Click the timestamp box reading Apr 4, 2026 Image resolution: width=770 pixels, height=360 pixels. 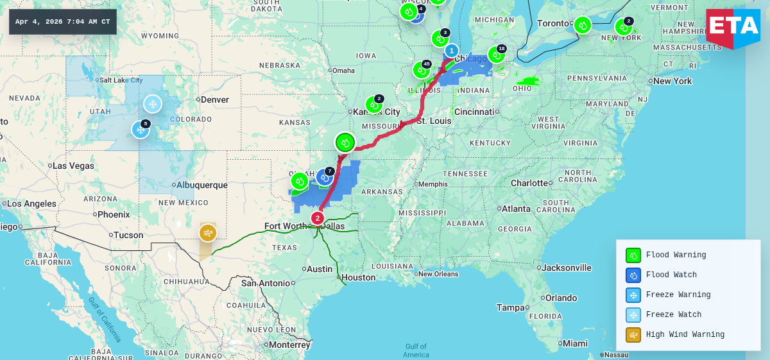coord(62,22)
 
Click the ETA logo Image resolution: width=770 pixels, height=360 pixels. coord(733,28)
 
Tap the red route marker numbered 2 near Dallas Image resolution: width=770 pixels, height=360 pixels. coord(317,218)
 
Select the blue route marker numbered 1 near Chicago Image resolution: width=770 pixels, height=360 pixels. coord(452,51)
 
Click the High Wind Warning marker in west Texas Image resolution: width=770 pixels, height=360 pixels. coord(207,232)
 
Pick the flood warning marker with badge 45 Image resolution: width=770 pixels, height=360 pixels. coord(422,70)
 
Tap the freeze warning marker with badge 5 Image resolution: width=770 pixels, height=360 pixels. coord(141,130)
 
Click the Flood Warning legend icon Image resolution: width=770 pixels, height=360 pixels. coord(633,255)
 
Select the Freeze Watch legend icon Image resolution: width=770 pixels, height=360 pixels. coord(633,315)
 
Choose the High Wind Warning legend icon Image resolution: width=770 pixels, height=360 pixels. coord(633,335)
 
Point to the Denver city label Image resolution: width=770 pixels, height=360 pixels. coord(214,99)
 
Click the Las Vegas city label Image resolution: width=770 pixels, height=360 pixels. coord(73,166)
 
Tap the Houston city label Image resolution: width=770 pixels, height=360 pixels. coord(358,277)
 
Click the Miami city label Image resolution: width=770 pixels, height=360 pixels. coord(575,343)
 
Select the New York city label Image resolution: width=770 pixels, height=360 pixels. coord(672,81)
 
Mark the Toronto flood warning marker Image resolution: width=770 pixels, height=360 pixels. coord(582,25)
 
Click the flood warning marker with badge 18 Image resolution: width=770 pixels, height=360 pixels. coord(496,55)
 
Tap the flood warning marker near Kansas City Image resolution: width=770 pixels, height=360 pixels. coord(374,105)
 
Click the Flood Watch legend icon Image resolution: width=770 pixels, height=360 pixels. coord(633,275)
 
